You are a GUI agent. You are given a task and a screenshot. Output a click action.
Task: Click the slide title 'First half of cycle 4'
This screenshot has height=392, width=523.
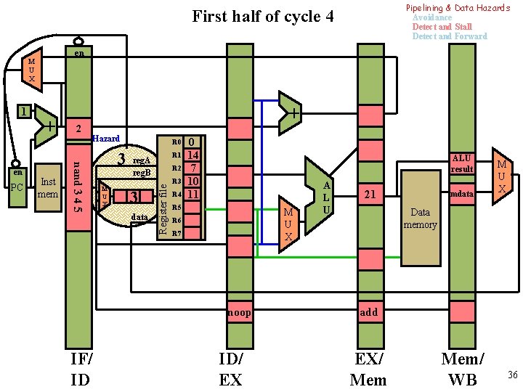point(262,16)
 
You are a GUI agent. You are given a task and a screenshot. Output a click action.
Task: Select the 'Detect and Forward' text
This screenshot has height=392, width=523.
point(449,36)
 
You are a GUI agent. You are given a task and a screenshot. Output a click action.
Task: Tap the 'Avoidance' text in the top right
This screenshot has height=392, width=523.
point(431,17)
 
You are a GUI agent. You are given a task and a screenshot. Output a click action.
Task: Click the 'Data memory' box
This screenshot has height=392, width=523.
point(421,219)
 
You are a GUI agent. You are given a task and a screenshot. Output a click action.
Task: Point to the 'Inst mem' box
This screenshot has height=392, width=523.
point(49,187)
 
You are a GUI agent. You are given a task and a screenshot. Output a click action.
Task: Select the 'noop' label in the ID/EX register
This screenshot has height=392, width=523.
point(239,312)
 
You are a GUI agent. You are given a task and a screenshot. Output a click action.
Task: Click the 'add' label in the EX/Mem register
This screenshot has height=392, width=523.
point(369,312)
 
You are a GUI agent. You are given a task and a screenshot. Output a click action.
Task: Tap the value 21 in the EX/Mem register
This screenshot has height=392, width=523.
point(370,195)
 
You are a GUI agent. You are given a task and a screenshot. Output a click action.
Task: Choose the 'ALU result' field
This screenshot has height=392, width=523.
point(461,163)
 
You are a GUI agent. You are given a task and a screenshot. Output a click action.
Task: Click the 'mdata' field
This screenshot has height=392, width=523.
point(461,195)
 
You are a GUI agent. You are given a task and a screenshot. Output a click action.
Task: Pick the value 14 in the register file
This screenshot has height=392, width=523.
point(192,155)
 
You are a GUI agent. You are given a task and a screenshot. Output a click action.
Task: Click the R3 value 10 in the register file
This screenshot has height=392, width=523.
point(192,181)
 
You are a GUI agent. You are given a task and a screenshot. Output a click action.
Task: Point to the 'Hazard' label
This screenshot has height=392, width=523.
point(106,138)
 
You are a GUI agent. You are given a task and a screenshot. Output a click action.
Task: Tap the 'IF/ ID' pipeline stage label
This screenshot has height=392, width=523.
point(81,369)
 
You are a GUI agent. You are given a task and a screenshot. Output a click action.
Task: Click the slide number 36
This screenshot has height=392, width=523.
point(512,375)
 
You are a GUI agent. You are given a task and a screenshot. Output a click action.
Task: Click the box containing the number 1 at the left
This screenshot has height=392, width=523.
point(24,112)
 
